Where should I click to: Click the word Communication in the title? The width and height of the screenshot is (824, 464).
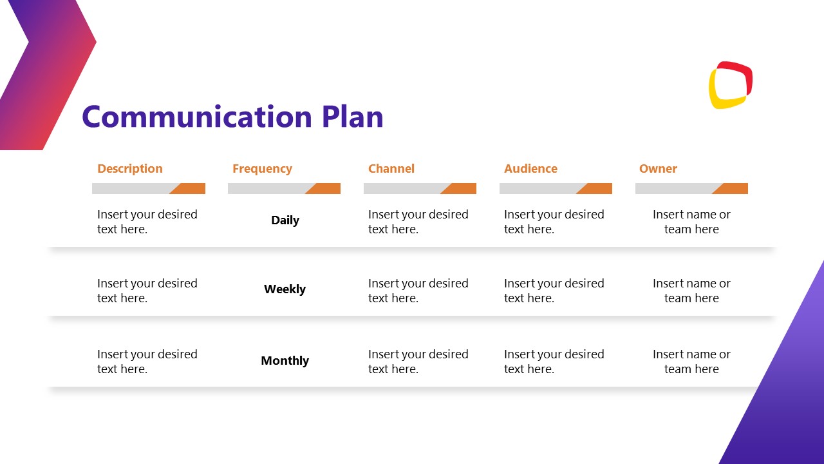point(196,117)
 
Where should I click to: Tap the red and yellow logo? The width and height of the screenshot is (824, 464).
point(731,85)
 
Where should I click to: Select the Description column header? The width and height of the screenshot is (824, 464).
point(130,169)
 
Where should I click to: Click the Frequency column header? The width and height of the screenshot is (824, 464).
point(262,169)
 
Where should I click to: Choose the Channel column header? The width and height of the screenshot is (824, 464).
point(391,169)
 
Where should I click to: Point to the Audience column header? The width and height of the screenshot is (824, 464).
point(530,169)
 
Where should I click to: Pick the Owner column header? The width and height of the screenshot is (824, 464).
point(658,169)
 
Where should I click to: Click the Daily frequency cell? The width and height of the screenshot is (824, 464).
point(285,220)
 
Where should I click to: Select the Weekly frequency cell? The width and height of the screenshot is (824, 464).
point(285,289)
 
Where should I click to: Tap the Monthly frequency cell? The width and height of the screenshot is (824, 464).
point(285,361)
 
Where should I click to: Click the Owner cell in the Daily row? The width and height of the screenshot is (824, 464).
point(691,222)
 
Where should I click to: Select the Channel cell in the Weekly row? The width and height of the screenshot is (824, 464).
point(418,291)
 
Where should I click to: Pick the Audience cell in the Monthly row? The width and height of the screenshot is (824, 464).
point(554,362)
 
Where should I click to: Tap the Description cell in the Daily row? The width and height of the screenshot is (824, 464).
point(147,222)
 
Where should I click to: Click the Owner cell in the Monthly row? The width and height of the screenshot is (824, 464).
point(691,362)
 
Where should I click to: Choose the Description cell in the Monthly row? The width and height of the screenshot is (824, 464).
point(147,362)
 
